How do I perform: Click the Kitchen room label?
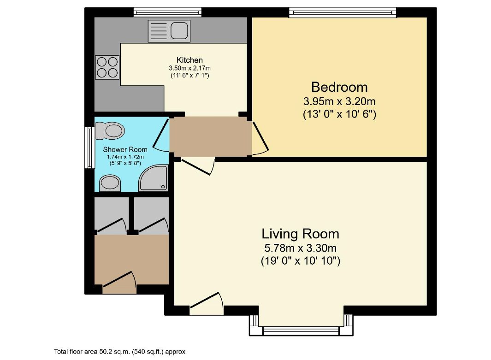189,60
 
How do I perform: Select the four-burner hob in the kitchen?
107,66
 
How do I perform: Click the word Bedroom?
339,87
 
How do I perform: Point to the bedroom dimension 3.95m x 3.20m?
339,101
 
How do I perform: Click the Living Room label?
301,233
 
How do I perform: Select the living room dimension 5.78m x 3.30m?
301,248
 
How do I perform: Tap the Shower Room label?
125,149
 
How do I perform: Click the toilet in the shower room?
111,130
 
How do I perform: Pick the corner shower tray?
154,179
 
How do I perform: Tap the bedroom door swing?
260,137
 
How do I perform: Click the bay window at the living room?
301,330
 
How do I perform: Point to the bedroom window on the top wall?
342,12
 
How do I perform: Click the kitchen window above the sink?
167,12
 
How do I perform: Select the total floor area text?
119,352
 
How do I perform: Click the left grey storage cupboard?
111,214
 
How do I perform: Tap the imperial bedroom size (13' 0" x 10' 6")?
339,114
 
